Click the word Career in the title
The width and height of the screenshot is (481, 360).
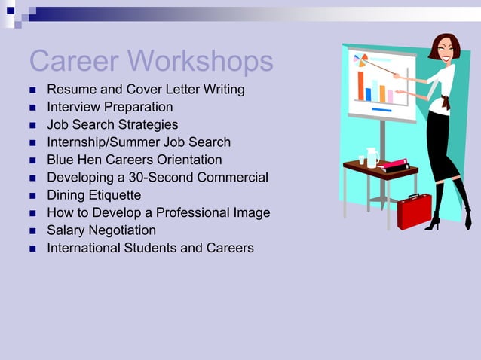[x=74, y=61]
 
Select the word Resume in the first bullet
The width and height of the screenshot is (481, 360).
[x=71, y=90]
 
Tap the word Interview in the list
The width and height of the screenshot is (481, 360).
[x=72, y=107]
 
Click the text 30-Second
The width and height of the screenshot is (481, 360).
[x=159, y=178]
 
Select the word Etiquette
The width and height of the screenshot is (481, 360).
[x=115, y=195]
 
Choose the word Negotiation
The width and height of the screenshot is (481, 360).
[x=121, y=230]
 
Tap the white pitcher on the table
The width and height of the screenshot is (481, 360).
[x=372, y=157]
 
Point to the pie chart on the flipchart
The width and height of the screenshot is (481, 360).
[x=360, y=59]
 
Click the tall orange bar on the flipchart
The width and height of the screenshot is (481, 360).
[x=361, y=86]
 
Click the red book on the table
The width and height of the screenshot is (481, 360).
[x=392, y=163]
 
